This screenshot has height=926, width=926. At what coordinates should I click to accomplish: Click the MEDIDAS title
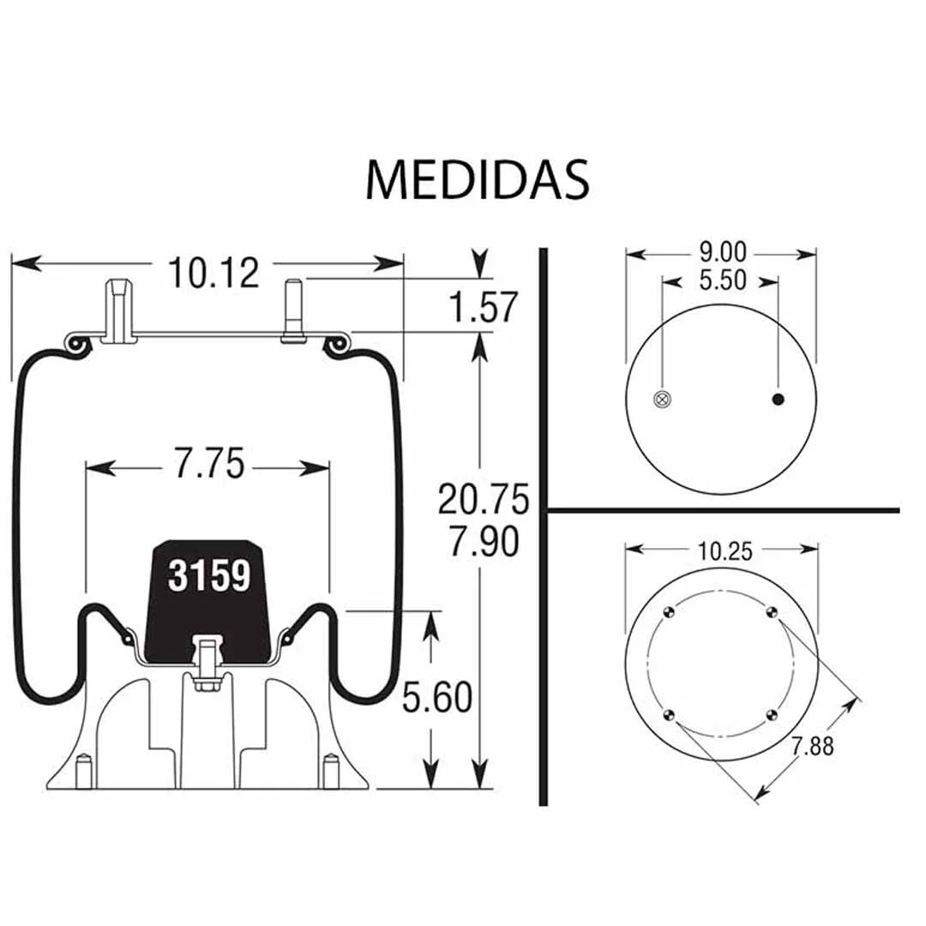tap(478, 179)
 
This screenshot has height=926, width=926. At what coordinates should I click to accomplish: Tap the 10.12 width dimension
tap(213, 273)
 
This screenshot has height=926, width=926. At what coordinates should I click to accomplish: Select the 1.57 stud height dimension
tap(483, 306)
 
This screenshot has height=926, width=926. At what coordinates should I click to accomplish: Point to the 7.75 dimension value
tap(208, 463)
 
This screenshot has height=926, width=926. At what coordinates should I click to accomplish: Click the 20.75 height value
tap(483, 499)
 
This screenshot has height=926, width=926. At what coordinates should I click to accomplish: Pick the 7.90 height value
tap(483, 541)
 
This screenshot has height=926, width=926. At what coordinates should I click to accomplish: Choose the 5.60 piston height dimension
tap(437, 697)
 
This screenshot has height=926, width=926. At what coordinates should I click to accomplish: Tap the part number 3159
tap(209, 576)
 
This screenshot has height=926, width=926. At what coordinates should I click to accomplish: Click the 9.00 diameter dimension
tap(722, 253)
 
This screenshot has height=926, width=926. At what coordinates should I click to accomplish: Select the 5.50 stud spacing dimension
tap(722, 280)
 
